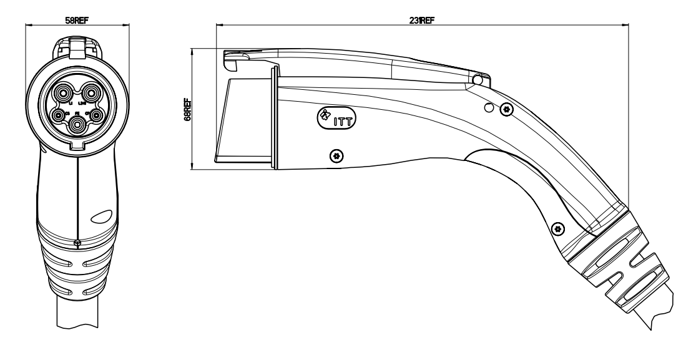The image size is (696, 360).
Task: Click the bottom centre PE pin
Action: point(77,124)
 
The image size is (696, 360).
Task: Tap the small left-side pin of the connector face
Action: point(59,115)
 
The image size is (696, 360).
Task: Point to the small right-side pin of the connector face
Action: point(97,115)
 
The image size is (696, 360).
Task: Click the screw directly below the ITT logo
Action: point(337,154)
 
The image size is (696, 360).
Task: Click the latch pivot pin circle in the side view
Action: point(479,80)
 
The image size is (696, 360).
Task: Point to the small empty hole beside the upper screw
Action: point(489,109)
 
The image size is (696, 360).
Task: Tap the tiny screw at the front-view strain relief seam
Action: point(77,243)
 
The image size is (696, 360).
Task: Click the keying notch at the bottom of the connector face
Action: point(77,145)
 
